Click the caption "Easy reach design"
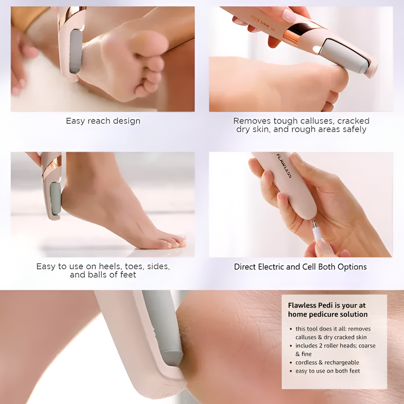[x=103, y=121]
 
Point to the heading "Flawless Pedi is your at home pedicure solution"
[x=327, y=310]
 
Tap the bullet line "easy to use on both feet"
[x=328, y=371]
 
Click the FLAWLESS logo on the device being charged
[x=284, y=166]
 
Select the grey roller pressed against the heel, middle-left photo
[x=55, y=198]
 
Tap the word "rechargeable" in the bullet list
[x=342, y=362]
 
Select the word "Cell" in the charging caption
[x=309, y=267]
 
